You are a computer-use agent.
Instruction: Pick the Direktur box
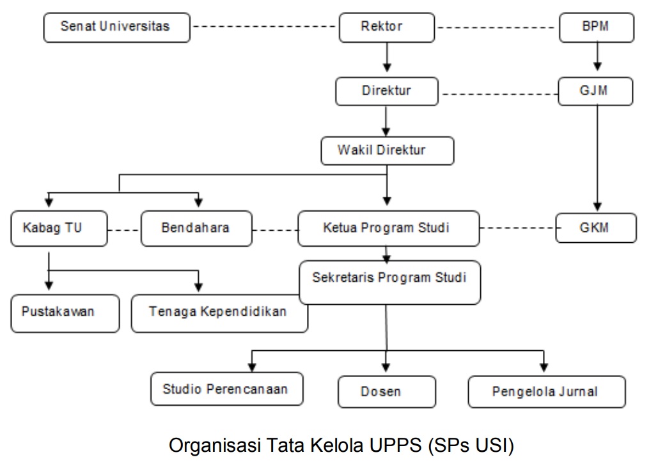point(386,91)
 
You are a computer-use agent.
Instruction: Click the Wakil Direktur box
point(387,151)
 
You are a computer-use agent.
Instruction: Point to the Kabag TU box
point(59,228)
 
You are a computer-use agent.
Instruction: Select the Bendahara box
point(196,228)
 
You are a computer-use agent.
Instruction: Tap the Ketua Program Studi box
point(388,228)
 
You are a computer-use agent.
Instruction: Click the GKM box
point(596,228)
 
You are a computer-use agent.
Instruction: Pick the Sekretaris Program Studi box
point(389,282)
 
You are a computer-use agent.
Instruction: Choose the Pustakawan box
point(65,313)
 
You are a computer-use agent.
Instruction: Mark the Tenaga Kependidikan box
point(219,313)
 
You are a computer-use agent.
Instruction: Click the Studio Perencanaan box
point(226,389)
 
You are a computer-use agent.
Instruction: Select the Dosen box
point(386,392)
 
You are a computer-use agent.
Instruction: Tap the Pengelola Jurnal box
point(546,392)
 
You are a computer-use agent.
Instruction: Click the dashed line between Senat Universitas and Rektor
point(264,27)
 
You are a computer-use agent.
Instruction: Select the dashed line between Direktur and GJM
point(499,95)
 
